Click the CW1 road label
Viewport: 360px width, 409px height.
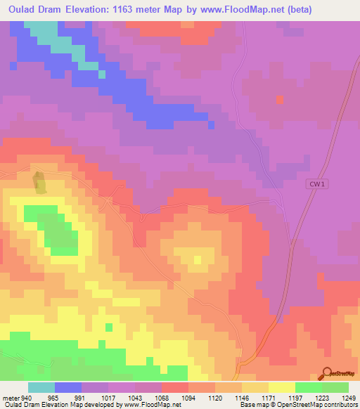click(316, 184)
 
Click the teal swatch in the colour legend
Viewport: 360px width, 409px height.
click(41, 387)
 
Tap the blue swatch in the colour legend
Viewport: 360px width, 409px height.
click(68, 387)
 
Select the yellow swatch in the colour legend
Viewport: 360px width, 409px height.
click(282, 387)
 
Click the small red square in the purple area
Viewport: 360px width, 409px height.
click(281, 99)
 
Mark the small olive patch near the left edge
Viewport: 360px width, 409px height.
click(40, 182)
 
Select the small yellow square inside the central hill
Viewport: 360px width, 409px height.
click(198, 260)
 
